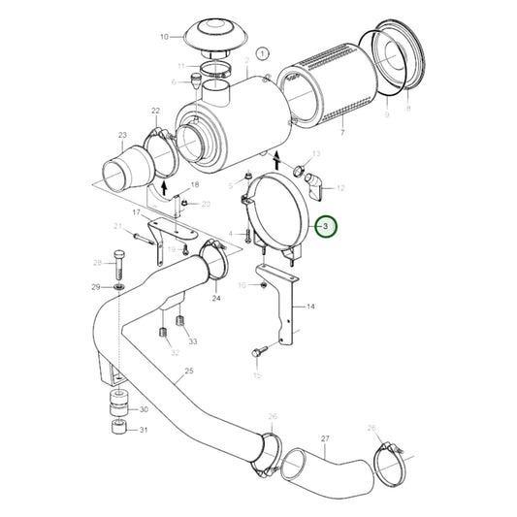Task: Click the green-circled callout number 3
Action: coord(327,227)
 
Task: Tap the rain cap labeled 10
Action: coord(214,34)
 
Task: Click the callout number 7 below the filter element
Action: coord(342,132)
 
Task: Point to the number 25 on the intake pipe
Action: coord(188,371)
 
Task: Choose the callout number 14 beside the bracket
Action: coord(310,306)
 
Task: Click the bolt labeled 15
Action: coord(259,351)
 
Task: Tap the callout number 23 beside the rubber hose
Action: coord(122,135)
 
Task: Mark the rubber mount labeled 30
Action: coord(117,405)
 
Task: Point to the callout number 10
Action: coord(164,38)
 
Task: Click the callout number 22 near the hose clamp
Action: coord(155,112)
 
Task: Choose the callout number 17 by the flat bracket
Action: coord(137,211)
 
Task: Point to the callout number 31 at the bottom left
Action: coord(144,430)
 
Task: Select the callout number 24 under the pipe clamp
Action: coord(215,298)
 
